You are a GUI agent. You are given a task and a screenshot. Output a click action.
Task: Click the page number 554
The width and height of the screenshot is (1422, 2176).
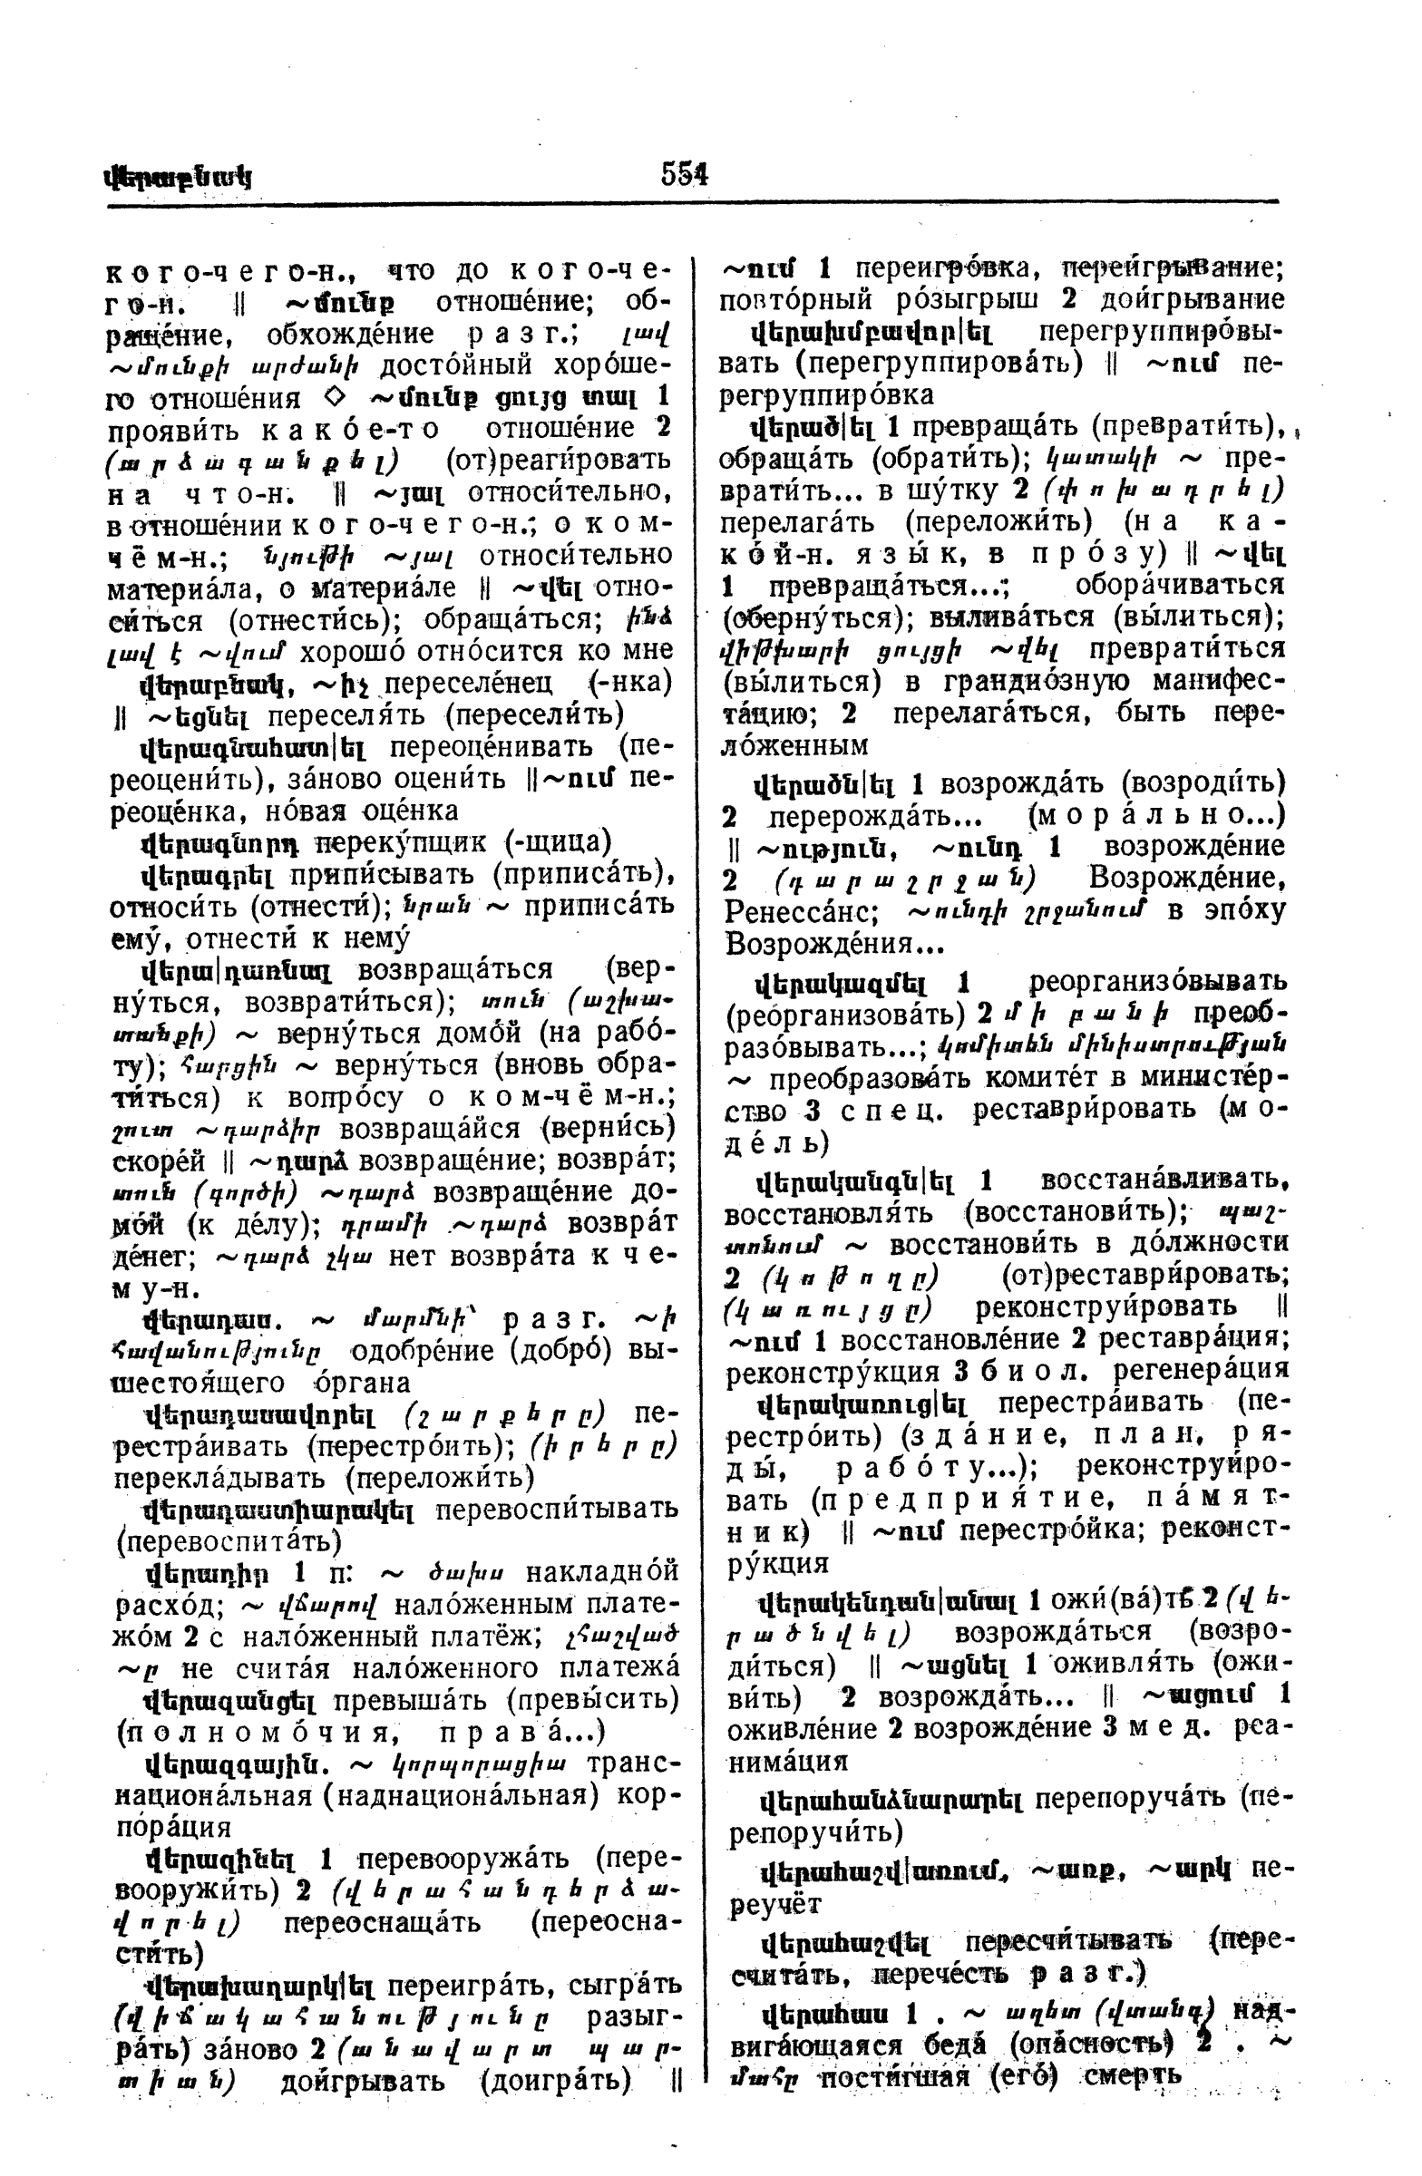(x=685, y=173)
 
